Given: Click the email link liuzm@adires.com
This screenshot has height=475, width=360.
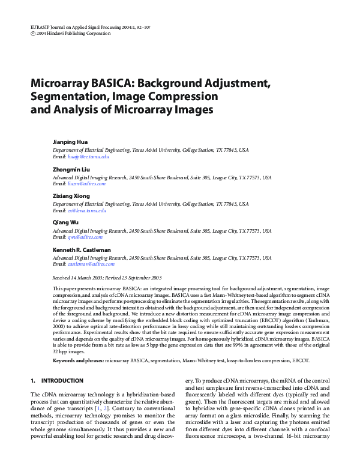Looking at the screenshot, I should coord(86,184).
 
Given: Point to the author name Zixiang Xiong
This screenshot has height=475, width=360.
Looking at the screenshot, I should coord(71,196).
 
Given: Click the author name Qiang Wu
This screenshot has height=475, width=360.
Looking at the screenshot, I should coord(65,223).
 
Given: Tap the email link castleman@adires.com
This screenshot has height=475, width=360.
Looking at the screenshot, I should coord(90,264).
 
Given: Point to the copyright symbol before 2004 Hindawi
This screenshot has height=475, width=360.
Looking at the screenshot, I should coord(32,34).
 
